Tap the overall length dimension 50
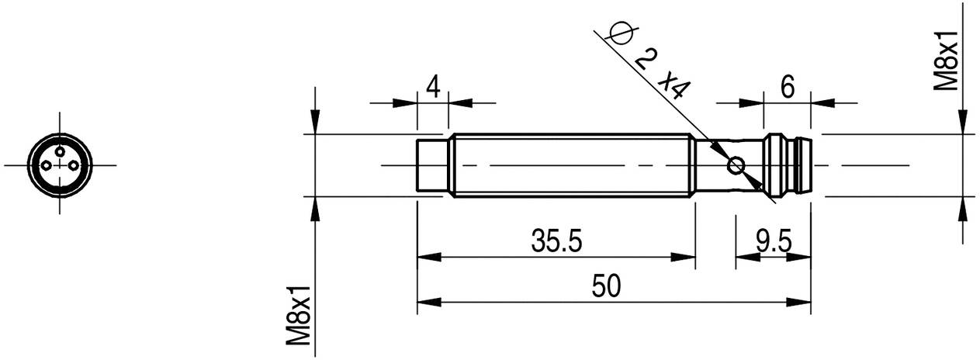coord(606,286)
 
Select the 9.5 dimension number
coord(773,243)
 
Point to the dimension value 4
coord(433,87)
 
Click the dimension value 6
coord(787,88)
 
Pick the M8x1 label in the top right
coord(948,62)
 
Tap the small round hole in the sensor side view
coord(735,165)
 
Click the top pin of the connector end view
coord(60,152)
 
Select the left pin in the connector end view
coord(47,166)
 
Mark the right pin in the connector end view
coord(73,166)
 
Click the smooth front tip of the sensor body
coord(433,165)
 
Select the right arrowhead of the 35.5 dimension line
coord(686,258)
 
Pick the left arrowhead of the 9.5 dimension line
coord(743,258)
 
